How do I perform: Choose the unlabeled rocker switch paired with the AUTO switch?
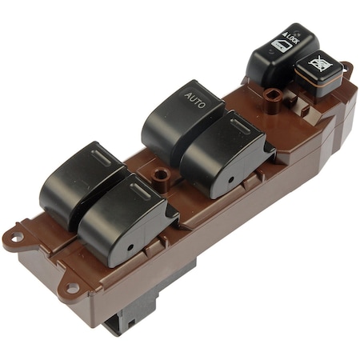(x=220, y=148)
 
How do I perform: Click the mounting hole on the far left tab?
(x=14, y=238)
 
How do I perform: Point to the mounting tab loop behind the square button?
(x=346, y=70)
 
